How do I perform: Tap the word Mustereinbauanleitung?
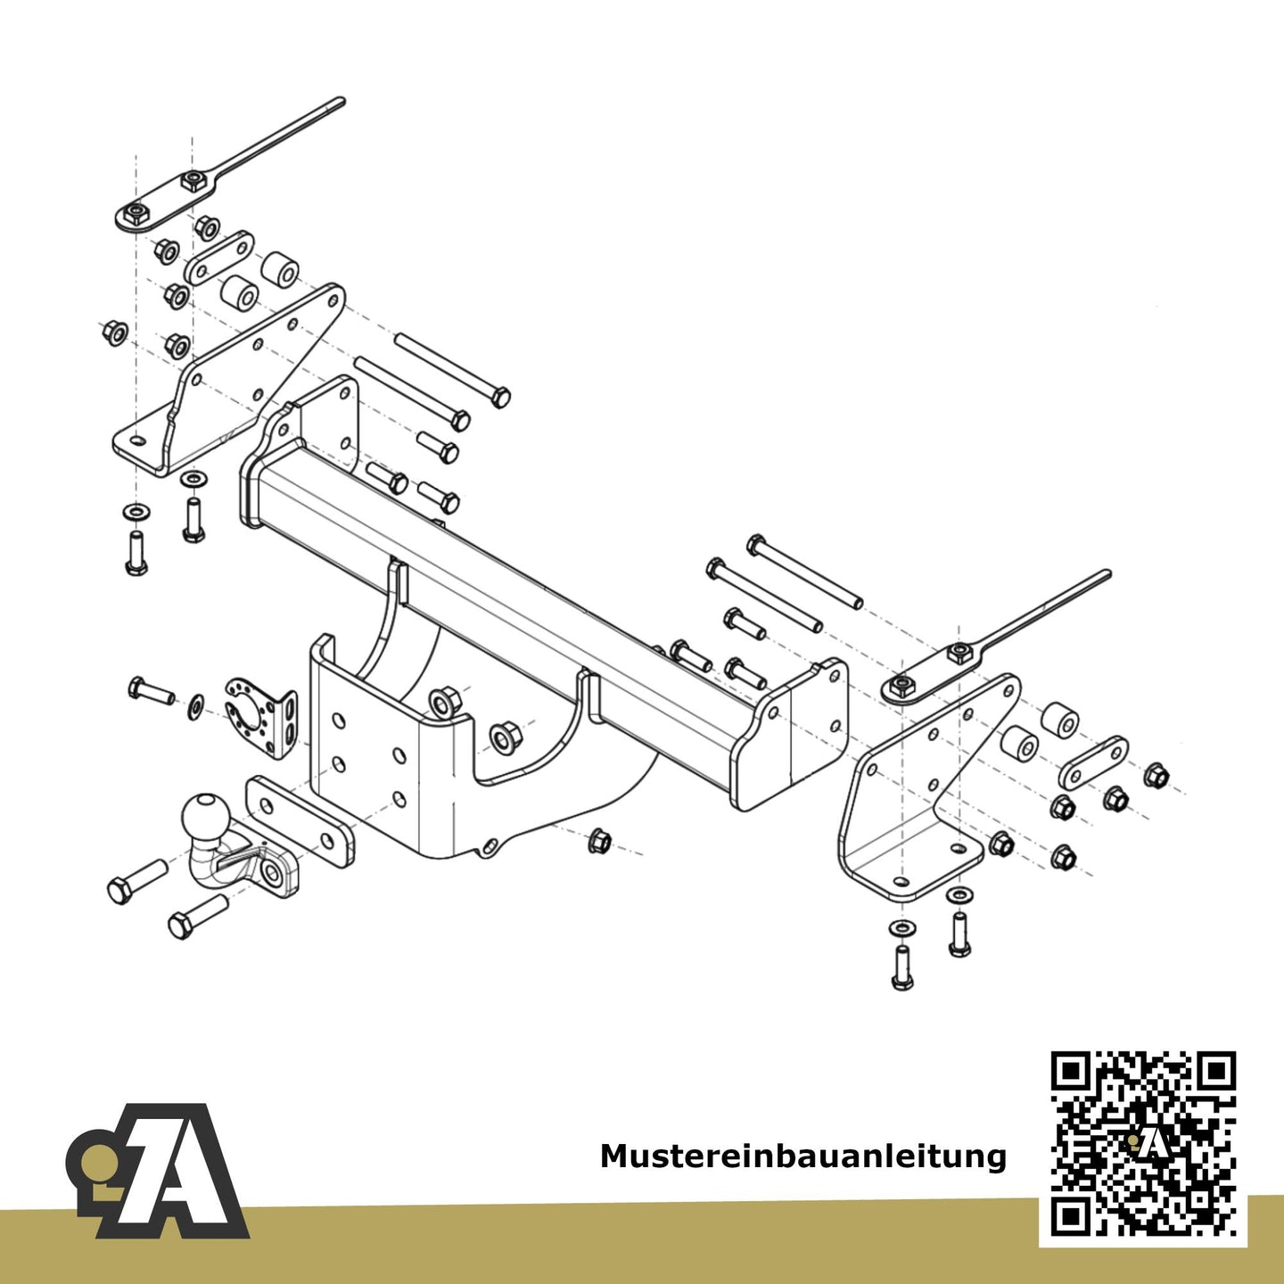(802, 1156)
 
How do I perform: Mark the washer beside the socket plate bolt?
(194, 707)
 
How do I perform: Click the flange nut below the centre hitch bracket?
(600, 839)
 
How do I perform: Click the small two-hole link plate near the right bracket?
(1092, 761)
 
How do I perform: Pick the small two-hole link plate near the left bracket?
(218, 258)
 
